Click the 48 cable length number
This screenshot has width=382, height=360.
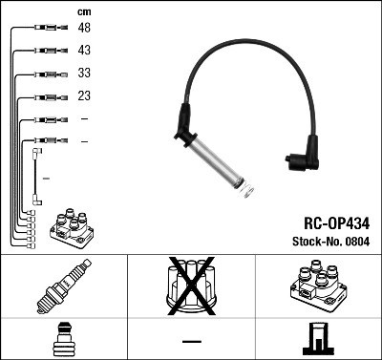(x=85, y=29)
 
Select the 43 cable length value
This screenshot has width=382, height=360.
(x=85, y=51)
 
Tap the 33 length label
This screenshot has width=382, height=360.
(x=85, y=73)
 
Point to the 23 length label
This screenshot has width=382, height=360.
(x=85, y=95)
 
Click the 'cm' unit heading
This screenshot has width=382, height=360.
(x=84, y=11)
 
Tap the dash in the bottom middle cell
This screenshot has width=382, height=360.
(x=191, y=340)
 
